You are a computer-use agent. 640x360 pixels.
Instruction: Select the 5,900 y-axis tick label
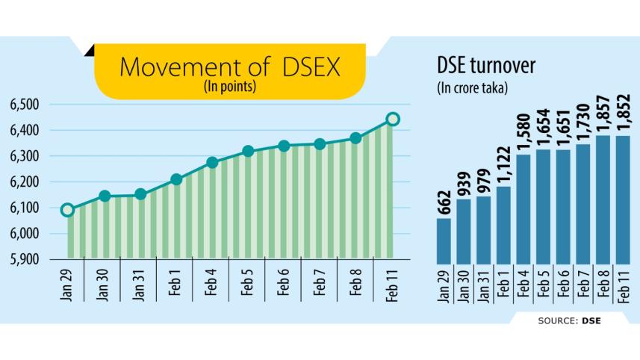tap(25, 260)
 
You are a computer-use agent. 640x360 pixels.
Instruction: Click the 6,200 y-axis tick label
tap(25, 182)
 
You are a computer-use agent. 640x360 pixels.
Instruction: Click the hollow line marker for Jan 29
tap(67, 210)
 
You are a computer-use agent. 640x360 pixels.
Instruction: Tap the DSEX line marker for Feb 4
tap(212, 162)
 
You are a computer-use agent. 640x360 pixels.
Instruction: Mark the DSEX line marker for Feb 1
tap(176, 179)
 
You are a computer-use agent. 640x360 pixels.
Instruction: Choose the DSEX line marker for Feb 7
tap(320, 143)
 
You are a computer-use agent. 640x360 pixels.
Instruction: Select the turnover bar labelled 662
tap(444, 240)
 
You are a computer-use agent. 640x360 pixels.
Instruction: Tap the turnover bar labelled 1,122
tap(504, 224)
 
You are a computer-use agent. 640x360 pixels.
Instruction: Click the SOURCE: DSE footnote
tap(569, 321)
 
